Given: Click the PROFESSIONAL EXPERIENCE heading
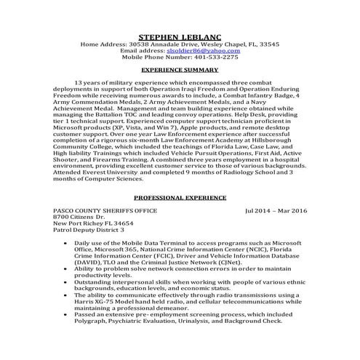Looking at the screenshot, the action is pyautogui.click(x=180, y=198).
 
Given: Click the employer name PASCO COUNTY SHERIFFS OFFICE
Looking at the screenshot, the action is pyautogui.click(x=99, y=211).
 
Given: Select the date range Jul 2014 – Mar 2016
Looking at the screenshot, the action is pyautogui.click(x=276, y=211).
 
